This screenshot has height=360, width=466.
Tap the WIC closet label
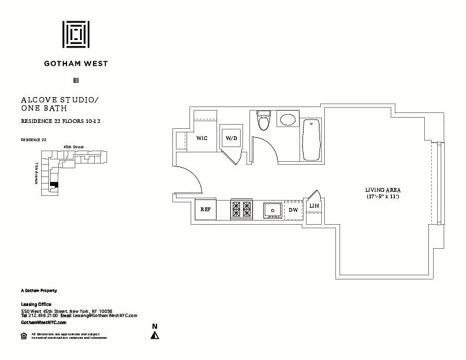[x=202, y=138]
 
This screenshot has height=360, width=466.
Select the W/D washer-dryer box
[x=231, y=138]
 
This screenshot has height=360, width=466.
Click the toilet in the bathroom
[x=263, y=122]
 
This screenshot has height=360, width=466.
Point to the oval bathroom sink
[x=288, y=121]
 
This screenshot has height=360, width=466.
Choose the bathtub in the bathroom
[x=311, y=139]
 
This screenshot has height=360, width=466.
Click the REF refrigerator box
[x=205, y=209]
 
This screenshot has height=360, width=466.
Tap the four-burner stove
[x=241, y=209]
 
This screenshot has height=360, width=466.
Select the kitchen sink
[x=272, y=209]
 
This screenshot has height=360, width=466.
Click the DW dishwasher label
[x=293, y=210]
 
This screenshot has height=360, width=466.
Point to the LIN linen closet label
[x=314, y=205]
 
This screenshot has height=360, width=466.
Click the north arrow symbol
[x=155, y=335]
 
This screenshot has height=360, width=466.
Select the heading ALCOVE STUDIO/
[x=59, y=101]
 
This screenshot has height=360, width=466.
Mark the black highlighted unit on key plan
[x=54, y=185]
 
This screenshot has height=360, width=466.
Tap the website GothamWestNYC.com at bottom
[x=44, y=322]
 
